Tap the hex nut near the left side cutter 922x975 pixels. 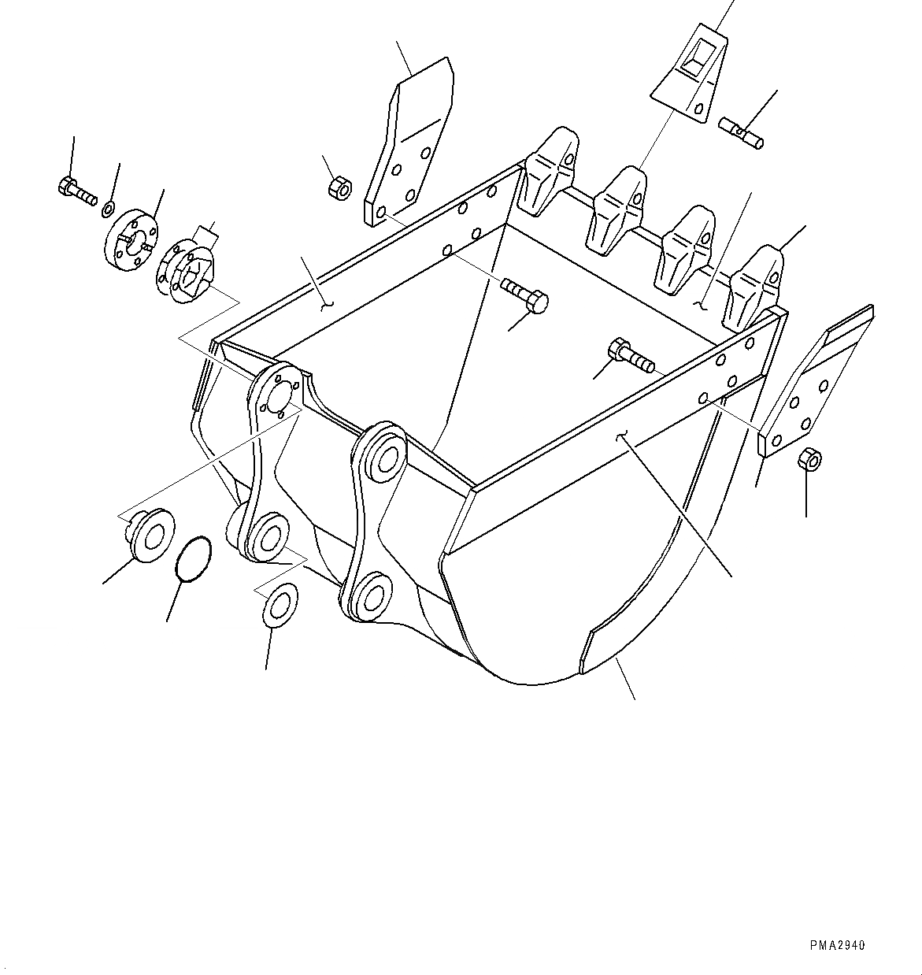[336, 188]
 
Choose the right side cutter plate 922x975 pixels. [815, 385]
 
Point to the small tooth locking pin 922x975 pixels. [741, 131]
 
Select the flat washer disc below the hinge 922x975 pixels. [280, 604]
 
